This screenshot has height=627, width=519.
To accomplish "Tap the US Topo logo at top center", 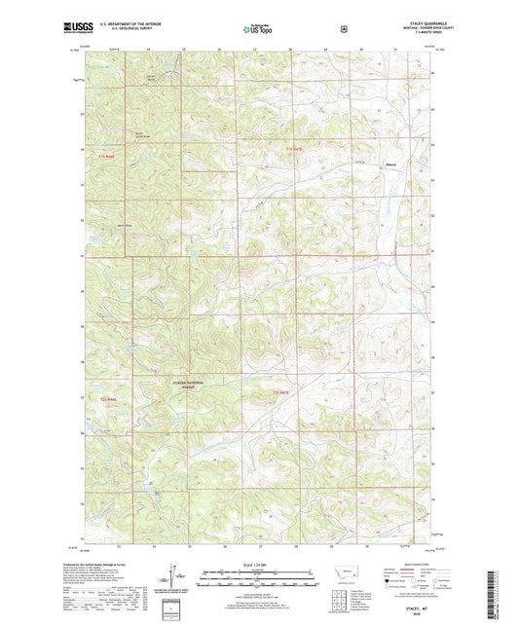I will coord(257,29).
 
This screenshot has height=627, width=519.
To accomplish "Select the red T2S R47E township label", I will coord(282,393).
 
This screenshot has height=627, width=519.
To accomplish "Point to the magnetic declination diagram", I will coord(177,579).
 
